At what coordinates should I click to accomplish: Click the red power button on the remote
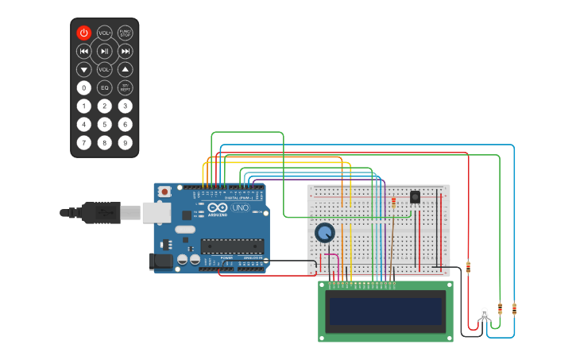[x=84, y=33]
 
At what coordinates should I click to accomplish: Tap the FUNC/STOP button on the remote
[x=125, y=33]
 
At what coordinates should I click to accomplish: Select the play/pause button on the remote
[x=104, y=51]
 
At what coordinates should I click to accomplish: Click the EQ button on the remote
[x=104, y=87]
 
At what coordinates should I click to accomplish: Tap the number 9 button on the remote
[x=125, y=143]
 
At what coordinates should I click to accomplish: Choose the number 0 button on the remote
[x=84, y=87]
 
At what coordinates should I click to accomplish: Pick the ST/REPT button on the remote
[x=125, y=87]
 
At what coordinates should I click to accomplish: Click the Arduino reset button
[x=164, y=192]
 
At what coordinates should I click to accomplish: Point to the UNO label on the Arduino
[x=240, y=207]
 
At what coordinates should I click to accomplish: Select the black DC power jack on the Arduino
[x=162, y=261]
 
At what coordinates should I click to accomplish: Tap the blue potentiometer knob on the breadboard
[x=324, y=233]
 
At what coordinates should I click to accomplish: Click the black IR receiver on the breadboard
[x=415, y=196]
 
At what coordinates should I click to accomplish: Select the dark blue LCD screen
[x=385, y=311]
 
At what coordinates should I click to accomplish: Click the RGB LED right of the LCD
[x=484, y=315]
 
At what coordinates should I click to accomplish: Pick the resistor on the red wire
[x=468, y=267]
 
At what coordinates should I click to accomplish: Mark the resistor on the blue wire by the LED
[x=514, y=308]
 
